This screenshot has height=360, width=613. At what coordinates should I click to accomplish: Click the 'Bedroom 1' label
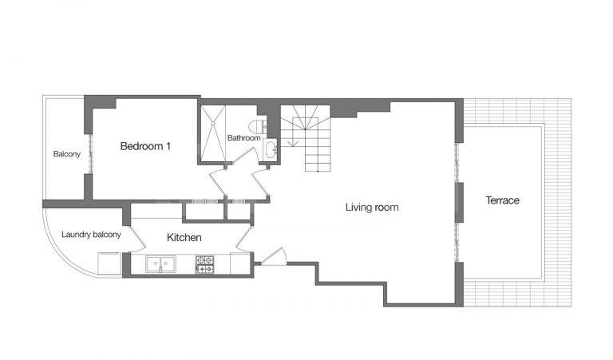(145, 146)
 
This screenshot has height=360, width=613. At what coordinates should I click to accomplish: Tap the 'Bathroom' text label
(243, 138)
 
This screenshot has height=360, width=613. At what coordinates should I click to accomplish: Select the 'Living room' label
(371, 208)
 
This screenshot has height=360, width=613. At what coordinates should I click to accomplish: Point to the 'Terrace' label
(503, 200)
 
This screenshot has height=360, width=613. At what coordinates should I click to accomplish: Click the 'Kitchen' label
(184, 238)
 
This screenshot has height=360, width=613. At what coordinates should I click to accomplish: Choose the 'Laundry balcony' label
(91, 235)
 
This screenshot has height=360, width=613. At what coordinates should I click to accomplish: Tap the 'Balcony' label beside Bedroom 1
(66, 154)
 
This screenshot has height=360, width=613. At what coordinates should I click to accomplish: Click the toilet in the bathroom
(258, 125)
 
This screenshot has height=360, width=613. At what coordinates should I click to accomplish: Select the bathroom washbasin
(271, 149)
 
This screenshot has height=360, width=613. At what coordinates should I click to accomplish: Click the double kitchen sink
(160, 263)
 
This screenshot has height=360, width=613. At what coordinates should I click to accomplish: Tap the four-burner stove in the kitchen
(204, 264)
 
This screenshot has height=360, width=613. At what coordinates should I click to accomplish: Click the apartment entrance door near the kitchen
(273, 257)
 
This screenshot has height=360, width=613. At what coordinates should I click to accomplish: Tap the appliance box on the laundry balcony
(109, 263)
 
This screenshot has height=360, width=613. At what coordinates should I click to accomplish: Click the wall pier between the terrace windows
(459, 202)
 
